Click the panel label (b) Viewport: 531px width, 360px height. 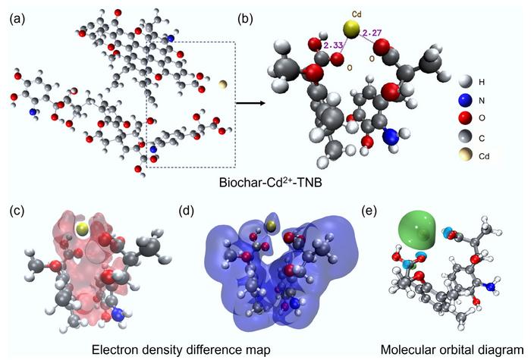tap(245, 20)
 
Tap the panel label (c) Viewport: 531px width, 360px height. tap(17, 211)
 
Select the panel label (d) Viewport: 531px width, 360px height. tap(187, 211)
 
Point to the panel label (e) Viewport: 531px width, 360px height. tap(369, 211)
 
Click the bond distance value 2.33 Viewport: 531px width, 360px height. tap(333, 45)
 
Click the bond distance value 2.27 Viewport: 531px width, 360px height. tap(372, 33)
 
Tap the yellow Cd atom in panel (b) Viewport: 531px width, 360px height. tap(350, 30)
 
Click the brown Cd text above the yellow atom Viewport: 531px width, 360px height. tap(357, 14)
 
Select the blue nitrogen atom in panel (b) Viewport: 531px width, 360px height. tap(391, 136)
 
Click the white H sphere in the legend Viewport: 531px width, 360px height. tap(465, 82)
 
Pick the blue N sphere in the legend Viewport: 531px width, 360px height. tap(465, 101)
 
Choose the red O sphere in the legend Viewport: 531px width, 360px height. tap(465, 117)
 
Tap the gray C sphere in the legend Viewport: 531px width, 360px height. tap(465, 136)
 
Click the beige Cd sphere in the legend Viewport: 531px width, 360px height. tap(465, 155)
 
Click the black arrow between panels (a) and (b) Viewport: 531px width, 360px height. tap(250, 103)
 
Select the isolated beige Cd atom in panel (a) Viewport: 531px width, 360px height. tap(223, 84)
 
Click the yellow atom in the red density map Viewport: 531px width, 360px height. tap(82, 228)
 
